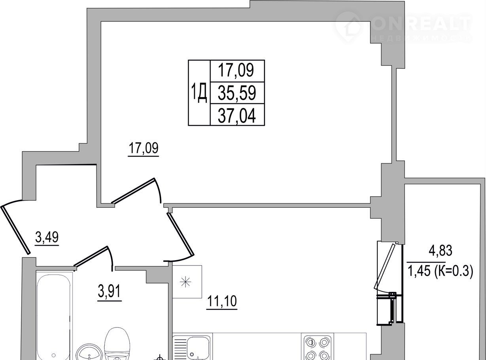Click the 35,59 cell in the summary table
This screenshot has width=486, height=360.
[x=237, y=93]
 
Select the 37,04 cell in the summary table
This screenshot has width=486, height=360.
[x=237, y=115]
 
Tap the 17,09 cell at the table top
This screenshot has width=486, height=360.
[x=237, y=71]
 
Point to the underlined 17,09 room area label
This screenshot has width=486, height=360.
[x=144, y=148]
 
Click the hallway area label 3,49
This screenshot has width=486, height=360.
[x=47, y=237]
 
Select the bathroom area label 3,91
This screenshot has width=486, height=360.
[x=110, y=292]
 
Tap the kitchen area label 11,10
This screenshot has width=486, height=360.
[x=222, y=301]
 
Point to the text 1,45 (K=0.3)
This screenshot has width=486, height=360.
[x=440, y=271]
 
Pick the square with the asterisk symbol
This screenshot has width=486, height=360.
[x=187, y=282]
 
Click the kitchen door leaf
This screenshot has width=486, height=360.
[x=181, y=234]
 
